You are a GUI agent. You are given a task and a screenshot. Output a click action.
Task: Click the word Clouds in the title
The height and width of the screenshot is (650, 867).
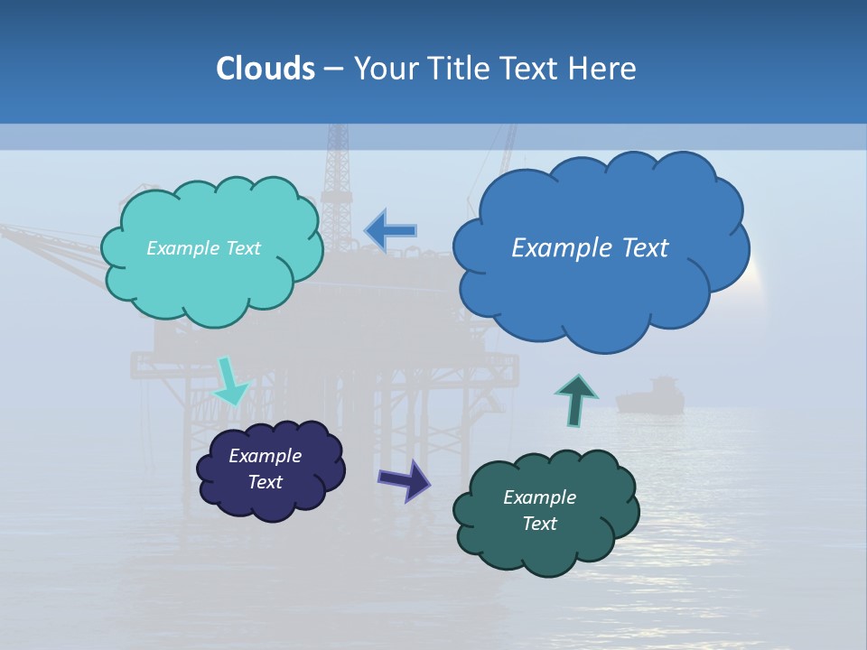point(266,69)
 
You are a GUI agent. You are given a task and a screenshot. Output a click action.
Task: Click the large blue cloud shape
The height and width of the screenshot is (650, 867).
point(601,289)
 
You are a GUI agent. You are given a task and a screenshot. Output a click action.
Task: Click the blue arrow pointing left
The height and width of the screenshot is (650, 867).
point(391,231)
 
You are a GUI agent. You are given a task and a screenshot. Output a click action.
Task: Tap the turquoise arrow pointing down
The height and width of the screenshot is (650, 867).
point(228,381)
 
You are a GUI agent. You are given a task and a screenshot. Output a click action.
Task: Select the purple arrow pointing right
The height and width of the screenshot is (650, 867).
point(404,479)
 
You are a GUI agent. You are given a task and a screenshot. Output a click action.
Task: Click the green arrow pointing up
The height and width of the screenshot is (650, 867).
point(576,399)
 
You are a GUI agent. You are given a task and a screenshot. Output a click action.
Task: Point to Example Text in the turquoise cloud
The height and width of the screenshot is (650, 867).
point(203,248)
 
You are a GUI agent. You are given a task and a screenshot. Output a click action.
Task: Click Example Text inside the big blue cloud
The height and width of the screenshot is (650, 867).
point(590,248)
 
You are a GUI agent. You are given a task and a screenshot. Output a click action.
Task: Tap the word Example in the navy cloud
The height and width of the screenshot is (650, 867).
point(265,456)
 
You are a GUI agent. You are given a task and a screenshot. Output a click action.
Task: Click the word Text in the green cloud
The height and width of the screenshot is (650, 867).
point(539,524)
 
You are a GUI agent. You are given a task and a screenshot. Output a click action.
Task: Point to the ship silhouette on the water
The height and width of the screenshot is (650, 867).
point(650,397)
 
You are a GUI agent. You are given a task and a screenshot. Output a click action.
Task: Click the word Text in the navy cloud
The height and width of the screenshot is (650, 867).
point(265,482)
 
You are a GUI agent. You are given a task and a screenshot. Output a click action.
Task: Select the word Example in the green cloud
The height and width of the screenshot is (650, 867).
point(539,497)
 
